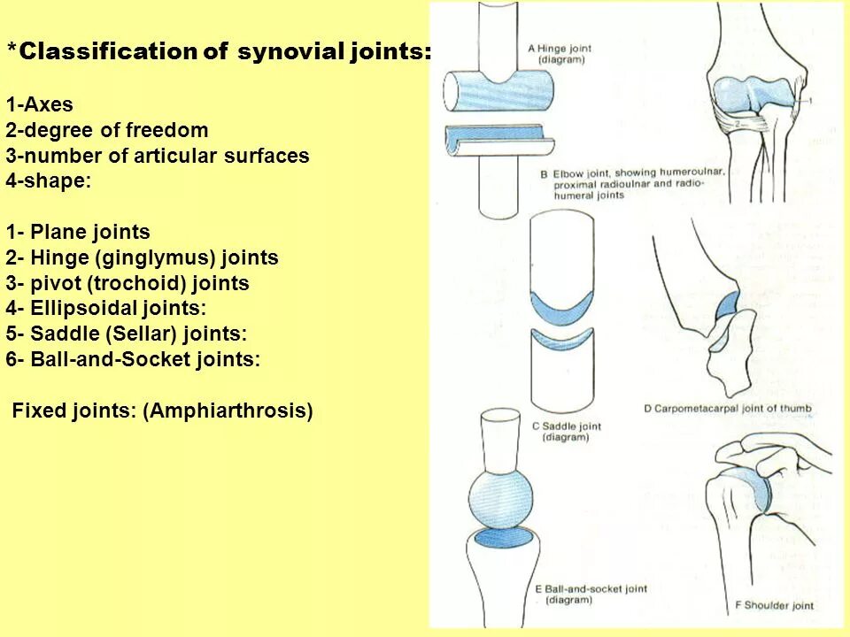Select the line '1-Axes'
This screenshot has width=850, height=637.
point(39,105)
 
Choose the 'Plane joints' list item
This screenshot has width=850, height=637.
point(89,233)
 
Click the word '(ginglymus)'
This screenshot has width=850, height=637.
point(159,258)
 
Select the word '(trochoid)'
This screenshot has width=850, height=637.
point(135,284)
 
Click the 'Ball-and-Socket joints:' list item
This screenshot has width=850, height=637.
point(145,360)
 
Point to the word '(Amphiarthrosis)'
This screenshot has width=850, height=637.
point(228,411)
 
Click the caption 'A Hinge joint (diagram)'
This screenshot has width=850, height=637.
point(560,54)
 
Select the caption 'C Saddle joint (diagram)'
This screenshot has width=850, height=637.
point(566,432)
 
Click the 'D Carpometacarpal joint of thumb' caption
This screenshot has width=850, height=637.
point(727,409)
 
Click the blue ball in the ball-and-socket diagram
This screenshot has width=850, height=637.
point(500,498)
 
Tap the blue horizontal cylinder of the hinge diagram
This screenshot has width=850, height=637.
point(498,91)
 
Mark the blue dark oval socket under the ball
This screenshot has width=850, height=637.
point(503,538)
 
